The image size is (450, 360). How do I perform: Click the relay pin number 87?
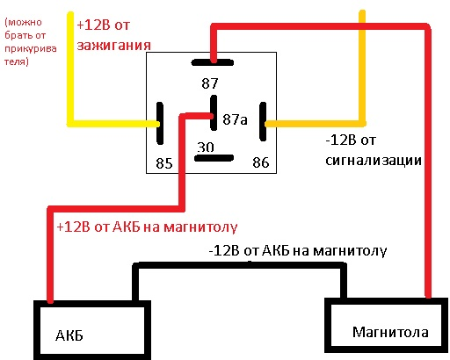pos(210,83)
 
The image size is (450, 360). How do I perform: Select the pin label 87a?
pos(235,119)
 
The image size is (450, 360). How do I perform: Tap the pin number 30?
pos(206,148)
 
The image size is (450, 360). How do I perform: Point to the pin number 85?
pos(164,163)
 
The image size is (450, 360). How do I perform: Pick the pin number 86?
pos(261,162)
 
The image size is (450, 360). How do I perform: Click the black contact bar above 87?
pos(213,62)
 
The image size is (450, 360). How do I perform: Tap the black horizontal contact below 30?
pos(214,158)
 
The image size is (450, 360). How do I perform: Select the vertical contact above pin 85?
pos(160,123)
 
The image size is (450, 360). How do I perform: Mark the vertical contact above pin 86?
pos(263,121)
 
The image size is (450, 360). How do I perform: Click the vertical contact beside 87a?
pos(214,112)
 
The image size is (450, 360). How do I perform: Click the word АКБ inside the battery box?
pos(69,335)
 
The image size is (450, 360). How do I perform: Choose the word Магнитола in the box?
pos(390,332)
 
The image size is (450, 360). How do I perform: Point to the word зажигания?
pos(113,46)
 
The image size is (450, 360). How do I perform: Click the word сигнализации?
pos(374,161)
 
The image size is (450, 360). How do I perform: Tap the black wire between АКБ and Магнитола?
pos(240,265)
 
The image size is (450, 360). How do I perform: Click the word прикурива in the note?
pos(31,49)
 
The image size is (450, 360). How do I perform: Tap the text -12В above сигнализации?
pos(341,140)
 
